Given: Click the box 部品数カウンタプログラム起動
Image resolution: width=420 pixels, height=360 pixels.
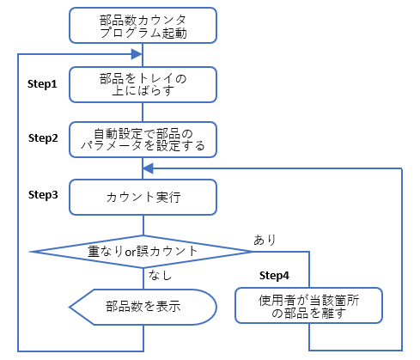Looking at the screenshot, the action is click(x=143, y=26).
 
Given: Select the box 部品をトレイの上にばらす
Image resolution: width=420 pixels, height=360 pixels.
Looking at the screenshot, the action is click(x=143, y=84).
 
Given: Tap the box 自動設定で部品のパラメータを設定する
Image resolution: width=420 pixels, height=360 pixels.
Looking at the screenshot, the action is click(x=143, y=140).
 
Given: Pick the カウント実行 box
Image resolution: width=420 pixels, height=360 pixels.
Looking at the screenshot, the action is click(x=143, y=197).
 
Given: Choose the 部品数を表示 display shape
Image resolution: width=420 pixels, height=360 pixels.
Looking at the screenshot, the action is click(x=143, y=307).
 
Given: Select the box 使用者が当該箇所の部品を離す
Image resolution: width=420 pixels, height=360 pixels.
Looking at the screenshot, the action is click(x=308, y=306).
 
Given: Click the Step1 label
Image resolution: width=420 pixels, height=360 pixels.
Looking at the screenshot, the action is click(x=42, y=84).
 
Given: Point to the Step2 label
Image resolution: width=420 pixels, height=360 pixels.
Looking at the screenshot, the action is click(x=43, y=138).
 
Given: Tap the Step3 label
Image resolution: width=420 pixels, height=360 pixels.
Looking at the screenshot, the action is click(x=43, y=195).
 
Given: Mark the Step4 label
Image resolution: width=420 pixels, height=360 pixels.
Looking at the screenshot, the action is click(x=274, y=276).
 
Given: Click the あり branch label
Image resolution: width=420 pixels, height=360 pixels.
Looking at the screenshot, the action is click(x=265, y=240).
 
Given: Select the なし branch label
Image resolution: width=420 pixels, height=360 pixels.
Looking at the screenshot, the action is click(x=160, y=275).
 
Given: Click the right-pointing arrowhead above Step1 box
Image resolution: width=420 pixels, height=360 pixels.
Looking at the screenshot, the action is click(x=137, y=54).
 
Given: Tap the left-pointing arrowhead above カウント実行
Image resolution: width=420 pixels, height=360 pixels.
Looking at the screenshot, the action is click(x=149, y=168).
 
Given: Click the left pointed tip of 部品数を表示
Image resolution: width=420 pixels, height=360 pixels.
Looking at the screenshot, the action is click(x=69, y=307).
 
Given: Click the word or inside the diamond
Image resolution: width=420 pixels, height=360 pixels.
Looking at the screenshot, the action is click(x=131, y=252).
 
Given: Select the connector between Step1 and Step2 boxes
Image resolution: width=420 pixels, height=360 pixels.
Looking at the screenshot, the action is click(x=143, y=113).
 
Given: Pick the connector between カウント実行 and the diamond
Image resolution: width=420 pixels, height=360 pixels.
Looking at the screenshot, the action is click(x=143, y=225).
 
